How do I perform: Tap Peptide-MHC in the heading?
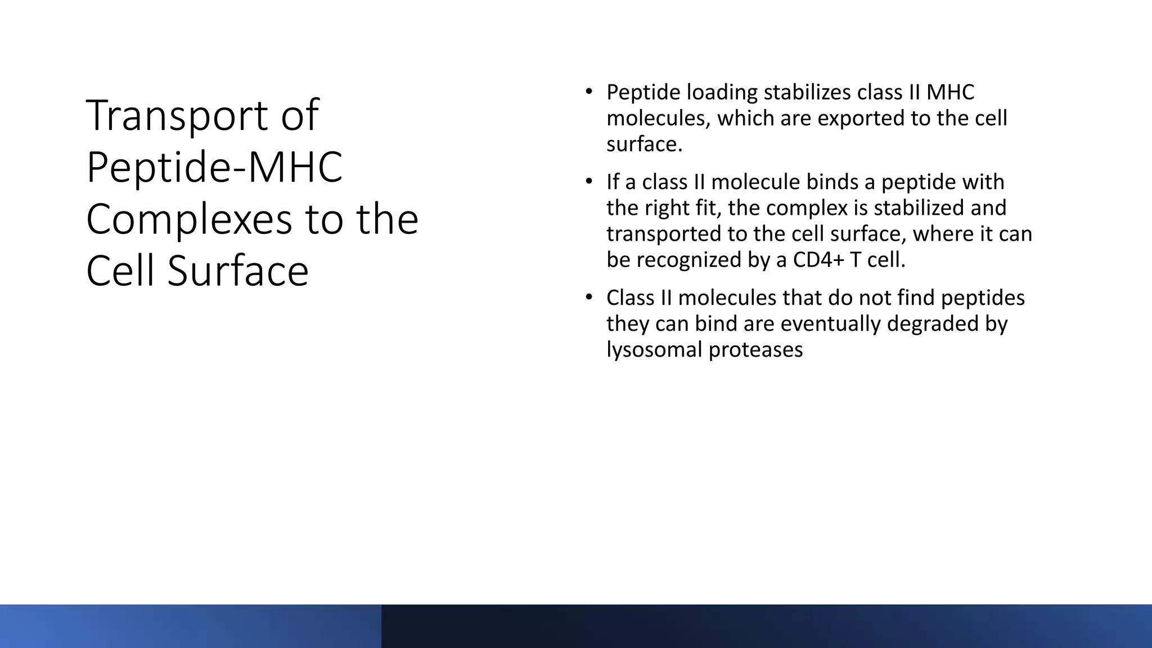tap(214, 168)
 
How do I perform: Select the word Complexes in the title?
tap(189, 219)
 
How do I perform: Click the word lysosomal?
tap(654, 350)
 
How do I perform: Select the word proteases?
tap(755, 350)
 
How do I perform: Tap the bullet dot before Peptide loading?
tap(588, 91)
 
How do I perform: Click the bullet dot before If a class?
tap(588, 181)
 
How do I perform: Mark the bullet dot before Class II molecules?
tap(588, 296)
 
